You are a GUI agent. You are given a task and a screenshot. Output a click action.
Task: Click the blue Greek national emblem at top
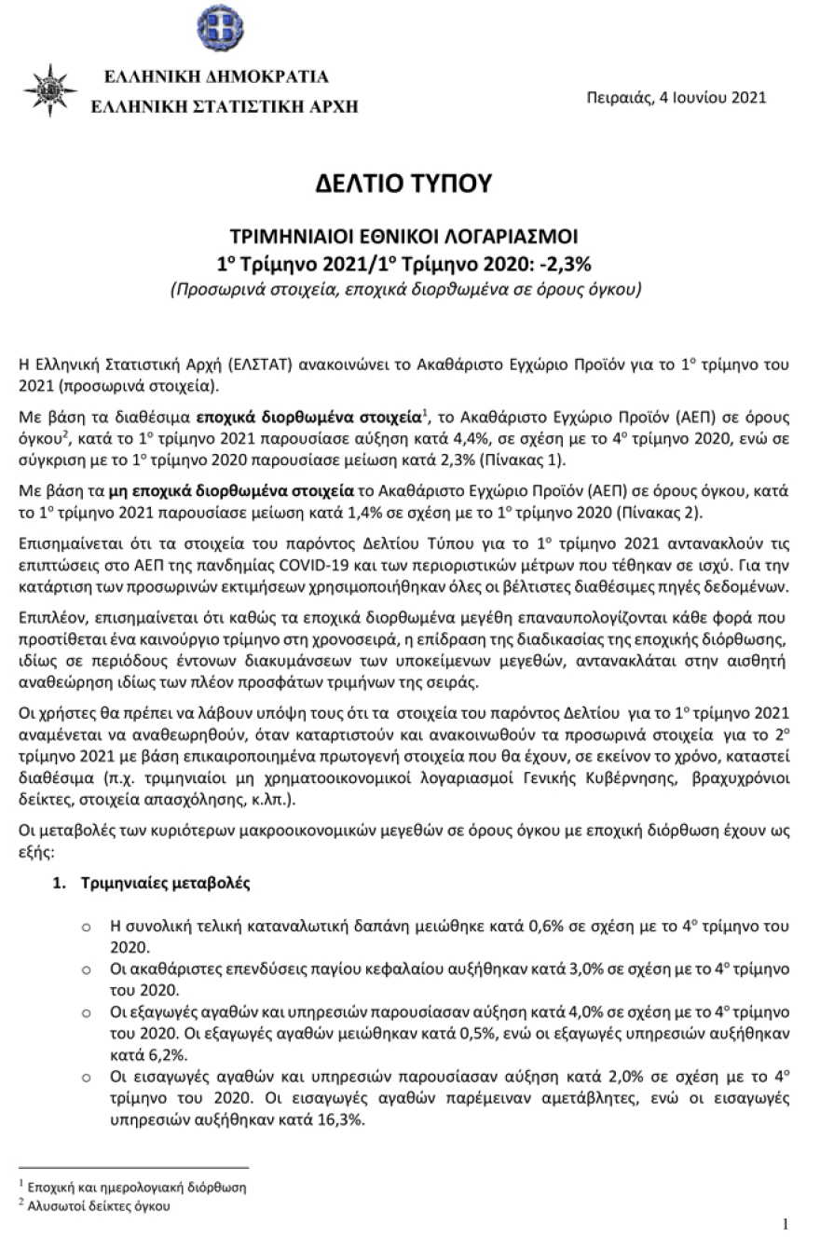(220, 28)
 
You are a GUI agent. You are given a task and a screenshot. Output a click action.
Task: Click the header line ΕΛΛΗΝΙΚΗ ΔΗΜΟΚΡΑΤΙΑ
(215, 76)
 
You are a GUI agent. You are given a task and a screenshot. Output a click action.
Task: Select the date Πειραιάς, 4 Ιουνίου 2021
(676, 98)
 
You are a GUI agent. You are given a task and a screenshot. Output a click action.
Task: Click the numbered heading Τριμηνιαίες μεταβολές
(164, 882)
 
